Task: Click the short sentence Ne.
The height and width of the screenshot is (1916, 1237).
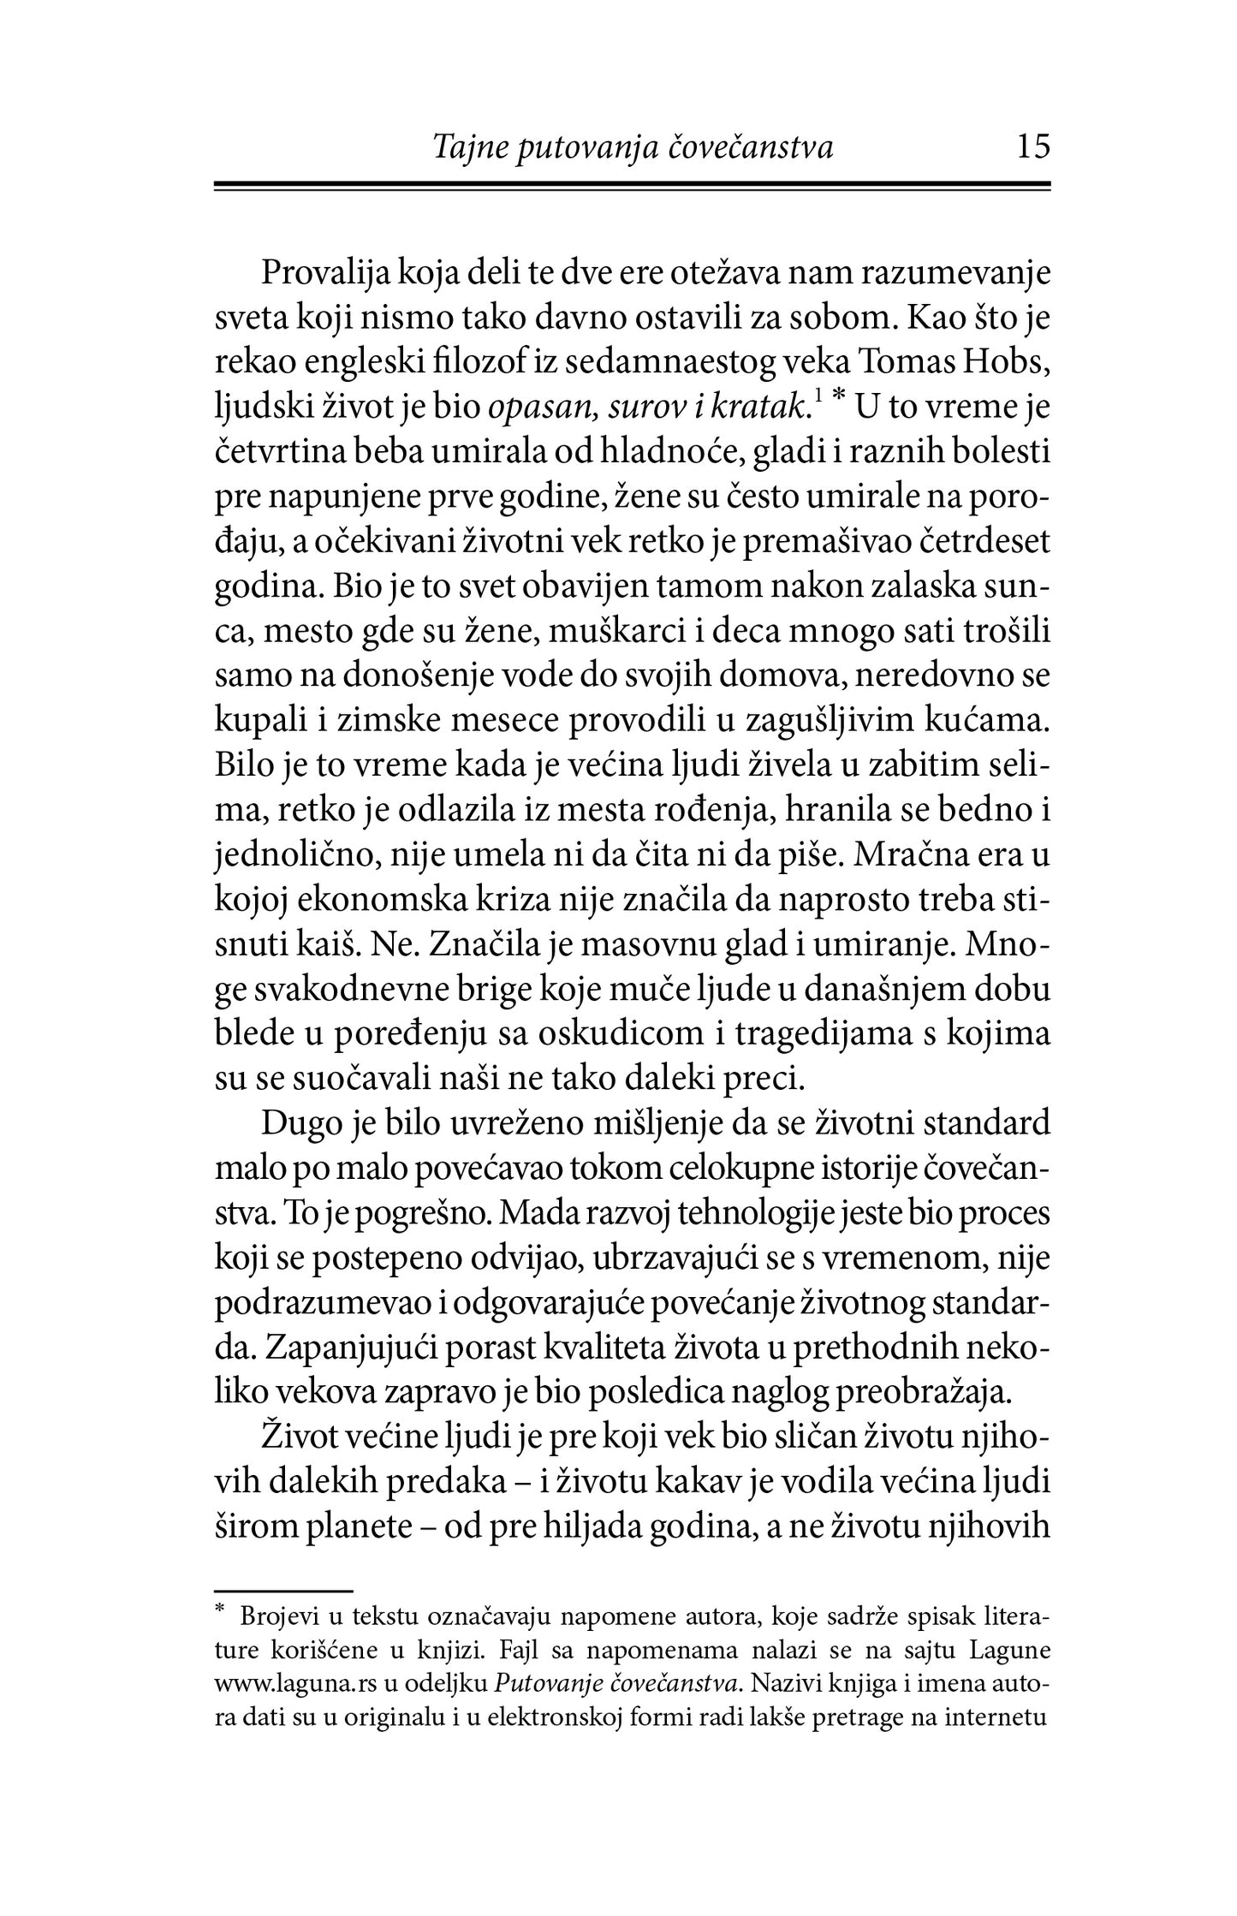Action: coord(395,943)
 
